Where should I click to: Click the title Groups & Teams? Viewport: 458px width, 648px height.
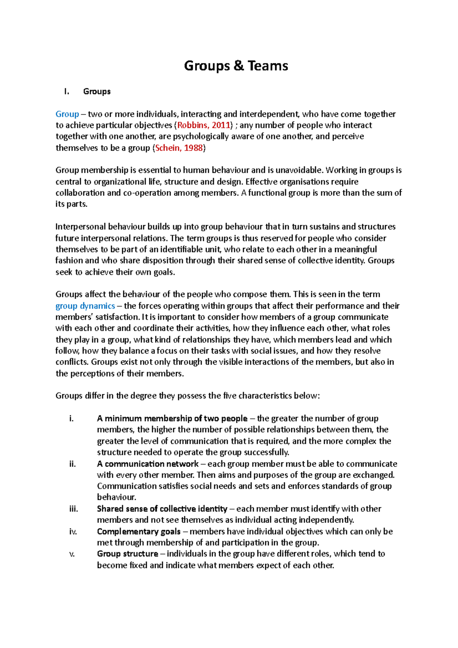tap(236, 66)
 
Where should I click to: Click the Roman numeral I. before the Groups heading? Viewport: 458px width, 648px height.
tap(67, 92)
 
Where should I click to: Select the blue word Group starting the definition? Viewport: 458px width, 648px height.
tap(67, 114)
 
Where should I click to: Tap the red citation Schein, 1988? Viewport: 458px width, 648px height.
tap(179, 148)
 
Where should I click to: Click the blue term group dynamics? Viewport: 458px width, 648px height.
tap(85, 306)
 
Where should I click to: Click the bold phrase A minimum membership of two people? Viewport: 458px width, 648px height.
tap(172, 418)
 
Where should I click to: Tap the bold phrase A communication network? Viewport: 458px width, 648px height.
tap(148, 464)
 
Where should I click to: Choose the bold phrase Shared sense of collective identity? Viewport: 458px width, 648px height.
tap(162, 509)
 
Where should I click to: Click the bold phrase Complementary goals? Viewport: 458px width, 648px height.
tap(139, 531)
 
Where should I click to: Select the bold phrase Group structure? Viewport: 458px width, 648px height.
tap(127, 554)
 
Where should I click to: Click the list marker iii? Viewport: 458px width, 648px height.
tap(73, 509)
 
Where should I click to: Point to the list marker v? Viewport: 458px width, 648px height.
tap(72, 554)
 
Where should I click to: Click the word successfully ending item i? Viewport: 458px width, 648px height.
tap(266, 452)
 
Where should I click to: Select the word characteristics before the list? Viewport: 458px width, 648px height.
tap(265, 396)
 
